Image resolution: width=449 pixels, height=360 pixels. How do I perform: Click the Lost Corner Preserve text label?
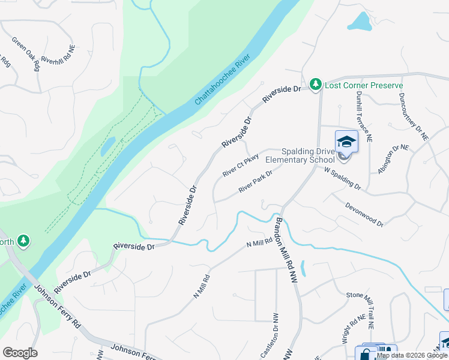tap(363, 85)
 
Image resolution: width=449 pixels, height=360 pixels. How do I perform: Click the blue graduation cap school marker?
tap(346, 142)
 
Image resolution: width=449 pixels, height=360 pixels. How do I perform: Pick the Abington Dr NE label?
tap(393, 159)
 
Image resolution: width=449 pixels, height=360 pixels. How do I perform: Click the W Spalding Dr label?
tap(343, 179)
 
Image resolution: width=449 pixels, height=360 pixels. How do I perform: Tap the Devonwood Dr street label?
tap(364, 214)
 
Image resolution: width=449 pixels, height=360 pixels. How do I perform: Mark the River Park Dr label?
tap(255, 181)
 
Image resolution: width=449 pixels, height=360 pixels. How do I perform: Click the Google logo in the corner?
tap(20, 353)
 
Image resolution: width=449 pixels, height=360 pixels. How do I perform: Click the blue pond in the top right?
tap(360, 22)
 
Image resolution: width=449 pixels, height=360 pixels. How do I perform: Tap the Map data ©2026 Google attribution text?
tap(412, 355)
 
